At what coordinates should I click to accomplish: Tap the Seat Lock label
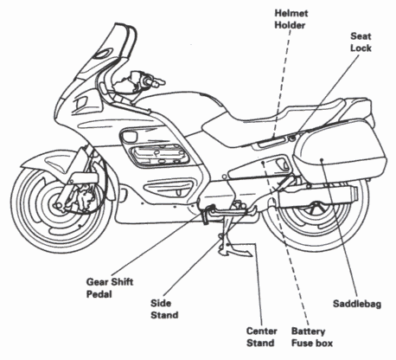click(x=360, y=43)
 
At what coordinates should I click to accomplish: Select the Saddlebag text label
click(x=357, y=304)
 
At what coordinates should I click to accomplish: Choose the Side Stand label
click(x=162, y=309)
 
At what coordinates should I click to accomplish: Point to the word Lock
click(x=360, y=50)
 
